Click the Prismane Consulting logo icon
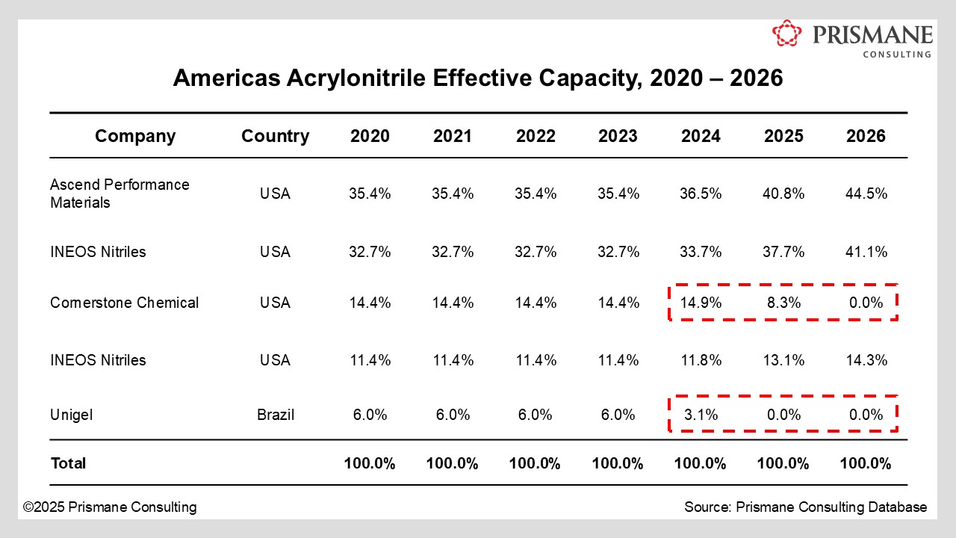(x=786, y=34)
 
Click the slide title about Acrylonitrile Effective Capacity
(x=478, y=78)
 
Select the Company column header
(x=135, y=136)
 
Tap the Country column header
(x=275, y=136)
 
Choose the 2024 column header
(x=701, y=136)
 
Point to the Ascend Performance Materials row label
(x=119, y=194)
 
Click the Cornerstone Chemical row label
(x=124, y=303)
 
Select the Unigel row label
(x=72, y=415)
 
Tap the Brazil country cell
(x=275, y=415)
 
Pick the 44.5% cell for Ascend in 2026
(x=866, y=194)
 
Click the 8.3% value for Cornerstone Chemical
(x=783, y=303)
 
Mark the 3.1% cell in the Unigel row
(x=701, y=415)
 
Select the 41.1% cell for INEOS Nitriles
(x=866, y=252)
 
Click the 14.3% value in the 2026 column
(x=866, y=360)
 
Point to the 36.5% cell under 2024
(x=701, y=194)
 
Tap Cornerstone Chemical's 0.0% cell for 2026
(x=866, y=303)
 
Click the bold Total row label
(x=68, y=463)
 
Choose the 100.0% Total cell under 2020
(x=370, y=463)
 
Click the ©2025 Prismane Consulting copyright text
(x=110, y=507)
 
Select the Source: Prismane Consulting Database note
(x=805, y=507)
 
